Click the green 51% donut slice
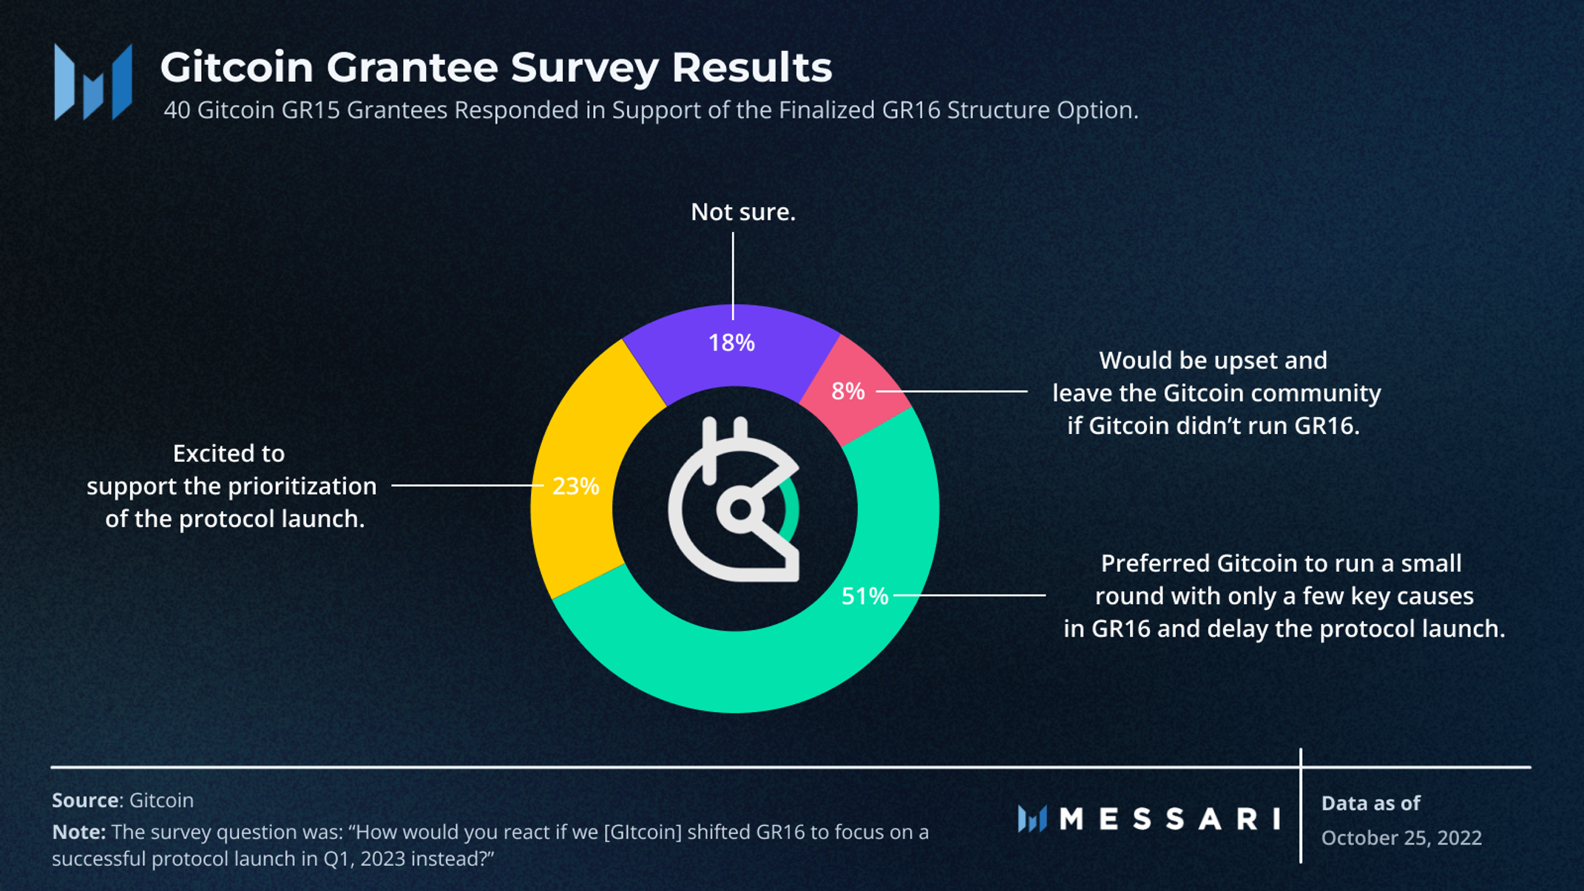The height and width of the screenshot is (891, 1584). (x=739, y=673)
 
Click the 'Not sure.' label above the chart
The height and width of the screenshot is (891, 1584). (x=742, y=212)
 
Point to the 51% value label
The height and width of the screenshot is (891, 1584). (x=864, y=596)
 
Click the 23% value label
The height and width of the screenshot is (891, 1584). (x=575, y=487)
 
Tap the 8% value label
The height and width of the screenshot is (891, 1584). (x=847, y=391)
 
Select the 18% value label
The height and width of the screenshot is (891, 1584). (x=731, y=343)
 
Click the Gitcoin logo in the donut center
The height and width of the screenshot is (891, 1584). (x=734, y=503)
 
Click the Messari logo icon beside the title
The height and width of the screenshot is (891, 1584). (x=93, y=81)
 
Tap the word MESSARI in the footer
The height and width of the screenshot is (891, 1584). (x=1169, y=819)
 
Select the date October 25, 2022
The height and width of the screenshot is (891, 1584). (x=1401, y=838)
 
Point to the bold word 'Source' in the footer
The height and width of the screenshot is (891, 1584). (x=85, y=800)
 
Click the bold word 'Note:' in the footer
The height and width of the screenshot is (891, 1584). (x=78, y=833)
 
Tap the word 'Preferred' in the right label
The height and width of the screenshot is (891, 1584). (x=1155, y=563)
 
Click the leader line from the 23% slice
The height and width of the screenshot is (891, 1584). (x=466, y=486)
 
